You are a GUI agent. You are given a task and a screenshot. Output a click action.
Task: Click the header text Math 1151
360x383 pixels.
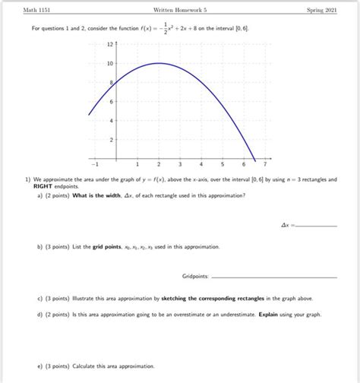(x=34, y=10)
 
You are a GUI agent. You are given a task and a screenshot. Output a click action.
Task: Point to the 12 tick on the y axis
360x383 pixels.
(x=110, y=43)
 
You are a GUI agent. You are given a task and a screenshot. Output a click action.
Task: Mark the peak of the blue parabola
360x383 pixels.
(x=159, y=63)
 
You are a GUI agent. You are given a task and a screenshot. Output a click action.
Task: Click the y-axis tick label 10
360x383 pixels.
(x=110, y=63)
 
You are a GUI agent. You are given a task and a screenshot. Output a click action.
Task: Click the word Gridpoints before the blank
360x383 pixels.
(x=194, y=276)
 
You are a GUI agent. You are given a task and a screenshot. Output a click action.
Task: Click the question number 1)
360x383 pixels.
(x=27, y=179)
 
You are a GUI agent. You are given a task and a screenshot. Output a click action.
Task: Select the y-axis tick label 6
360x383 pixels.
(x=111, y=102)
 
